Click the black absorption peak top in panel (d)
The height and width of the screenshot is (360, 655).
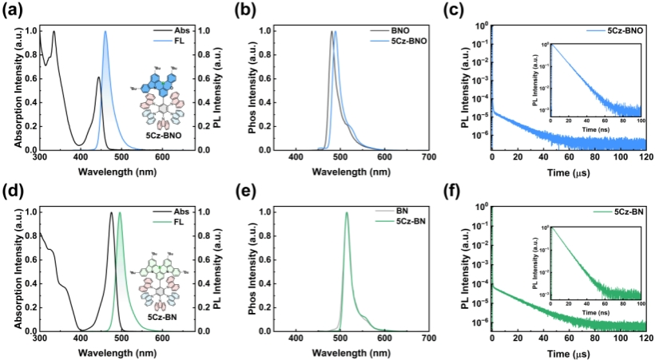point(111,212)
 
